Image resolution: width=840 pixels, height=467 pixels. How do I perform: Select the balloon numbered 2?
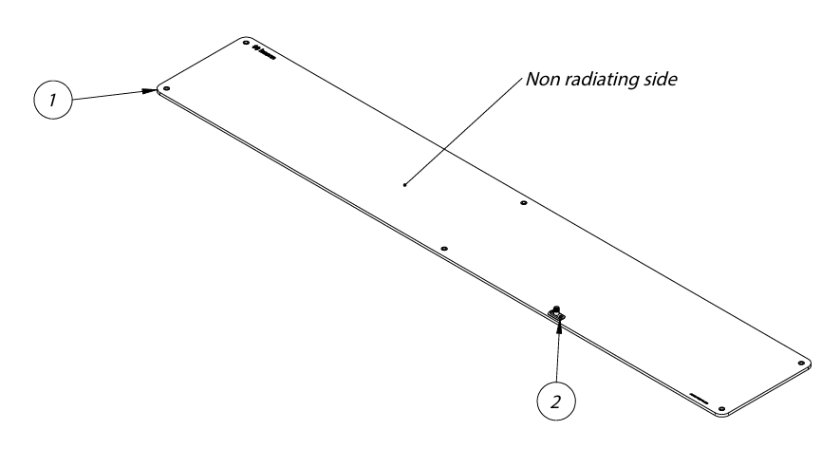coord(557,400)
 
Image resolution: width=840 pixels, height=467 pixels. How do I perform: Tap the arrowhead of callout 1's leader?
coord(153,91)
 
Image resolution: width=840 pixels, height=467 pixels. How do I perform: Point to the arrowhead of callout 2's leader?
coord(559,326)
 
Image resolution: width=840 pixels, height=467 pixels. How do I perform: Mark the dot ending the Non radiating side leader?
coord(404,184)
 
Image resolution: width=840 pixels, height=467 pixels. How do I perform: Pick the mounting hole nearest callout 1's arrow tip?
coord(166,88)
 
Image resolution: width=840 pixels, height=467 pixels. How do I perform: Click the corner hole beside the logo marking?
coord(246,44)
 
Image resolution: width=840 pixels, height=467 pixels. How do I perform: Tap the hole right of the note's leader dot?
coord(522,203)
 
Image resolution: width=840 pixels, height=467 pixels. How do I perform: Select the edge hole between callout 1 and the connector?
coord(443,248)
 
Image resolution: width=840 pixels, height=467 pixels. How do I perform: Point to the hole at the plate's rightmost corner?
coord(802,362)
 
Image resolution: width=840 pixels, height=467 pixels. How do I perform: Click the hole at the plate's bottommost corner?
coord(722,409)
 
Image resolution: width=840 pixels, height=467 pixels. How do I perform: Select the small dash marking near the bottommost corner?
coord(700,397)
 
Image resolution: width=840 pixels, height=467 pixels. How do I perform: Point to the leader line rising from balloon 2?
coord(558,356)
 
